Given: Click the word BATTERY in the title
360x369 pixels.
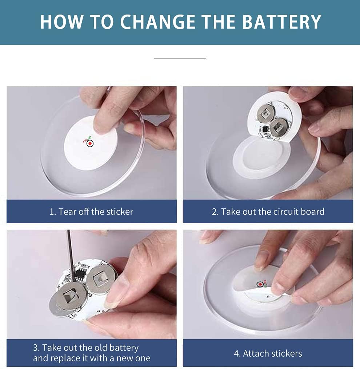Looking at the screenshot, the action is (x=281, y=22).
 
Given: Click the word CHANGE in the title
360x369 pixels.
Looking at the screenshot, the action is (x=158, y=22).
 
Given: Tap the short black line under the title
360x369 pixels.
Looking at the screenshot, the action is (x=180, y=58).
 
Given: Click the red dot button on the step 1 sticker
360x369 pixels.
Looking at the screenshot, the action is (x=90, y=143).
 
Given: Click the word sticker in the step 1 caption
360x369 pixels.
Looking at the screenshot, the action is (x=120, y=212).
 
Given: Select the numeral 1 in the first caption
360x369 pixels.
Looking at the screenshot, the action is (x=52, y=212).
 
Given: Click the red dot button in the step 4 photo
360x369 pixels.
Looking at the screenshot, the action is (x=260, y=284).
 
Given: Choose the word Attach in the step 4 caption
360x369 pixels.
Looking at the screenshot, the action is (x=256, y=353).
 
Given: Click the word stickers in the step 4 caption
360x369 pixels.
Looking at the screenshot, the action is (x=287, y=353).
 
